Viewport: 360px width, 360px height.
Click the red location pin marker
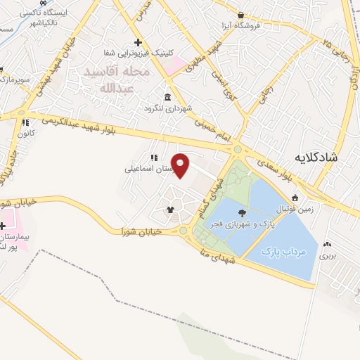pos(181,165)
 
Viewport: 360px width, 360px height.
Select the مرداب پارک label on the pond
pos(285,251)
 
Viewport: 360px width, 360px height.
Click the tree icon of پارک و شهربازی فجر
pos(243,212)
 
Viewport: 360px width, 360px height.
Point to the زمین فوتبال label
pos(295,209)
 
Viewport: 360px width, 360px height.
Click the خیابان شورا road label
pos(141,231)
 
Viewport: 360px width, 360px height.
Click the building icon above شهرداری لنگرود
pos(167,97)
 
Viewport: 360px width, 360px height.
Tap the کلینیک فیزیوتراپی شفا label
pos(139,53)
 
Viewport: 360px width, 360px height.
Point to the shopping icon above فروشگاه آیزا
pos(240,15)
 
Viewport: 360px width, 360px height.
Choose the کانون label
pos(28,132)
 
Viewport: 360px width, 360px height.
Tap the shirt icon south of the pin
pos(169,209)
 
